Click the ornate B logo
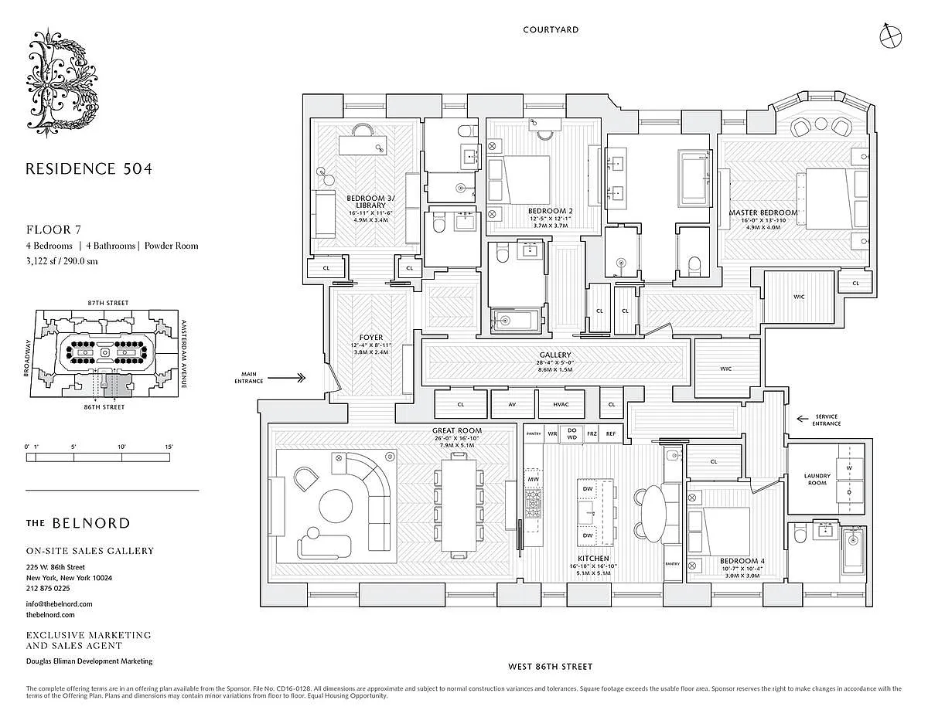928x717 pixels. point(65,85)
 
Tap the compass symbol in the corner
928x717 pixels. point(890,34)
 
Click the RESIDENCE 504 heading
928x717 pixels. point(89,168)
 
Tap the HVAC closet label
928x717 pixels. point(560,404)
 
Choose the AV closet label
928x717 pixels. point(512,404)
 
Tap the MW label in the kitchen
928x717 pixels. point(533,479)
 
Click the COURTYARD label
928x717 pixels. point(551,30)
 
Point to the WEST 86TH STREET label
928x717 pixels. point(550,666)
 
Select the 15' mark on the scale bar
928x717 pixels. point(169,447)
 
